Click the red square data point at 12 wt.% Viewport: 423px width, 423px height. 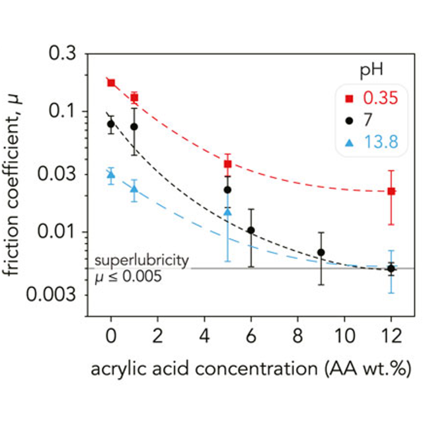[391, 191]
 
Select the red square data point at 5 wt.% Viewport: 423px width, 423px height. [227, 164]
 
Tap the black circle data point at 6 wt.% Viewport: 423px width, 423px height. [250, 230]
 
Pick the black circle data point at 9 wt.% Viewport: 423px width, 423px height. [321, 252]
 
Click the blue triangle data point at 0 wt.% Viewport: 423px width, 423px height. [111, 174]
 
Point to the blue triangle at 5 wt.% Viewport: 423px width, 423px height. [227, 211]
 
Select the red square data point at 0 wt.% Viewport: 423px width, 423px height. [111, 83]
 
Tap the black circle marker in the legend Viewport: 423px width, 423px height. [350, 120]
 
